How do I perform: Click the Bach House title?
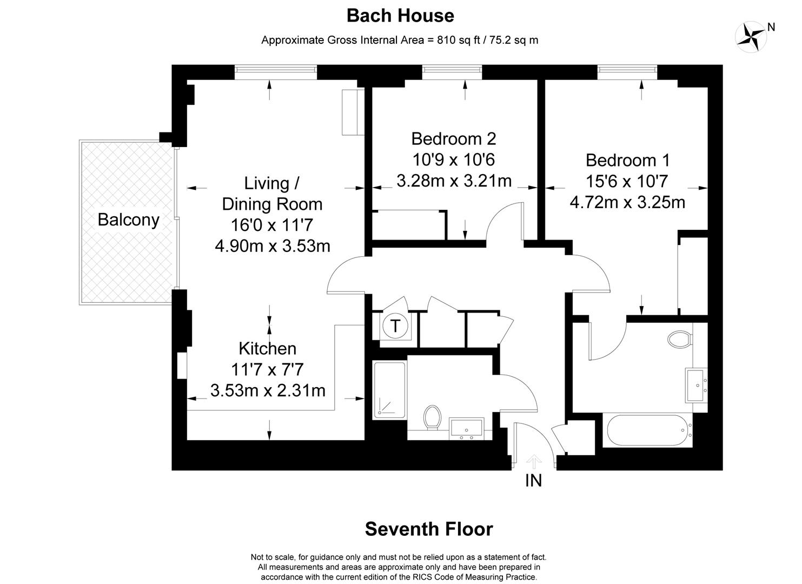pyautogui.click(x=400, y=16)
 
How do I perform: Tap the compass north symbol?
pyautogui.click(x=752, y=36)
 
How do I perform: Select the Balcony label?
pyautogui.click(x=129, y=220)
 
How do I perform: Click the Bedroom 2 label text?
pyautogui.click(x=453, y=139)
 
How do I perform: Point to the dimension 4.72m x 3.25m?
pyautogui.click(x=627, y=202)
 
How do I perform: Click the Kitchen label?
pyautogui.click(x=267, y=348)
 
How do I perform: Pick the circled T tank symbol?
pyautogui.click(x=395, y=326)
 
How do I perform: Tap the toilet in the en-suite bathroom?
pyautogui.click(x=680, y=340)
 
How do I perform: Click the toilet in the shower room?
pyautogui.click(x=432, y=417)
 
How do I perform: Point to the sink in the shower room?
pyautogui.click(x=466, y=428)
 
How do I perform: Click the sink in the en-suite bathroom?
pyautogui.click(x=696, y=385)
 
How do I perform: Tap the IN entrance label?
pyautogui.click(x=533, y=480)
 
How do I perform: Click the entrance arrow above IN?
pyautogui.click(x=534, y=461)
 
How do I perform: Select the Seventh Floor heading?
pyautogui.click(x=429, y=529)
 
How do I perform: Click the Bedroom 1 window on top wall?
pyautogui.click(x=627, y=69)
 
